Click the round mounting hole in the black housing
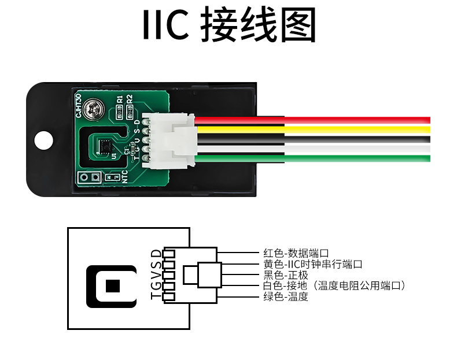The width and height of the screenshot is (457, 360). pyautogui.click(x=42, y=139)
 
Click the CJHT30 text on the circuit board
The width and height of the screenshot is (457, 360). pyautogui.click(x=79, y=105)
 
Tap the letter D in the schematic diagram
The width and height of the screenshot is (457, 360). pyautogui.click(x=155, y=254)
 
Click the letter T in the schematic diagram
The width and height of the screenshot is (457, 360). pyautogui.click(x=155, y=296)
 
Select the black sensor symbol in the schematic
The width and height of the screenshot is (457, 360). pyautogui.click(x=112, y=286)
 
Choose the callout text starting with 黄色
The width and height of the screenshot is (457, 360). pyautogui.click(x=312, y=264)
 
